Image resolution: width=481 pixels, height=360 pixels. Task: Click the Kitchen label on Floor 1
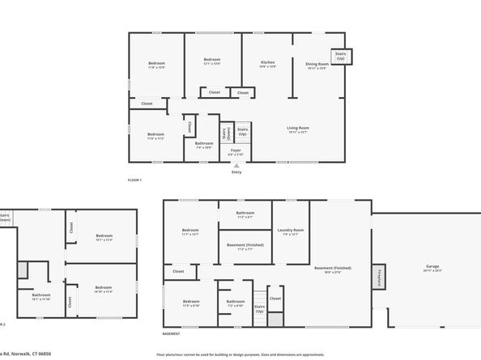(x=267, y=65)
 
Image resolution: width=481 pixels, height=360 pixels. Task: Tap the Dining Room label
(x=317, y=66)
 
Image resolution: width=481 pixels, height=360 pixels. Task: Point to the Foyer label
(x=236, y=151)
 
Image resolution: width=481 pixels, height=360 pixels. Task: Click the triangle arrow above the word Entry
(x=236, y=165)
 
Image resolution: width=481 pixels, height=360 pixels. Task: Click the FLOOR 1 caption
(x=135, y=180)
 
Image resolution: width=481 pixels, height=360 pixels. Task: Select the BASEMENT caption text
(x=171, y=333)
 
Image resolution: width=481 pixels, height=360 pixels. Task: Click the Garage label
(x=432, y=268)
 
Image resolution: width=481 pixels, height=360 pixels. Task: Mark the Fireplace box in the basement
(x=378, y=276)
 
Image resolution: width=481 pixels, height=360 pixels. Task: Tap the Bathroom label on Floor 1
(x=204, y=145)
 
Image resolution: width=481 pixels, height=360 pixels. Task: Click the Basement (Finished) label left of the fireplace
(x=333, y=269)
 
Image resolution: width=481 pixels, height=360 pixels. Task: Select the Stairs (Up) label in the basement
(x=260, y=309)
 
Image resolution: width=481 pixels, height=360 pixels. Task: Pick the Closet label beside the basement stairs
(x=275, y=299)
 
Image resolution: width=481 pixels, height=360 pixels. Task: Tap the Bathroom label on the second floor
(x=41, y=297)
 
